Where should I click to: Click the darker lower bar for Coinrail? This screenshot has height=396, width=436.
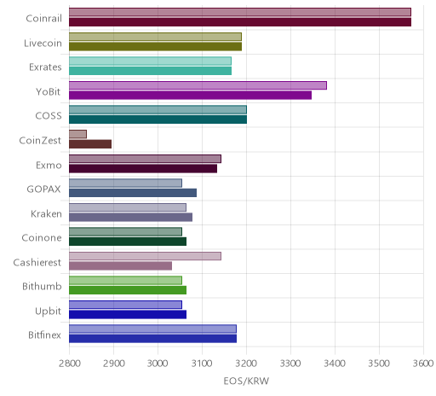(240, 22)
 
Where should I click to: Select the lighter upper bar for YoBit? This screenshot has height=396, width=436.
(198, 85)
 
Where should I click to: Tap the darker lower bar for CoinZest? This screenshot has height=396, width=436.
(90, 144)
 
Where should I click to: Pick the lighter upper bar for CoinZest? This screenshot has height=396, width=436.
(77, 134)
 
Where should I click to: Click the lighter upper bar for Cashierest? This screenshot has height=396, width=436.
(145, 256)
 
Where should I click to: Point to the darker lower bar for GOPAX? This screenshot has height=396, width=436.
(133, 193)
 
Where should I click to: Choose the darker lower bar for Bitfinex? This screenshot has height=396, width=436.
(152, 339)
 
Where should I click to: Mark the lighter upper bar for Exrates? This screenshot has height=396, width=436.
(150, 61)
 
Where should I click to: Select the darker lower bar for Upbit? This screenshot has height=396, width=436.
(128, 315)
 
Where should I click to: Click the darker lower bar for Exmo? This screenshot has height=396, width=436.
(143, 169)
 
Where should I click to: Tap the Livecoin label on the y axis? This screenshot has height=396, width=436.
(43, 44)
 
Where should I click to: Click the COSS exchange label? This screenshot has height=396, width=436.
(49, 116)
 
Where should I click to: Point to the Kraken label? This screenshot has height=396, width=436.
(46, 213)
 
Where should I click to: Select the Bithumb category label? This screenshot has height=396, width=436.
(42, 286)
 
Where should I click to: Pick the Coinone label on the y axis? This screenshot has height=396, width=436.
(42, 238)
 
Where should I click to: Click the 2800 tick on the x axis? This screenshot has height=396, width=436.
(69, 364)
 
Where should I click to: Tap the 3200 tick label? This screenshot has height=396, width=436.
(246, 364)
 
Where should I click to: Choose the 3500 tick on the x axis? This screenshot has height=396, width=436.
(379, 364)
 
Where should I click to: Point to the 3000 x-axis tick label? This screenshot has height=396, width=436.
(158, 364)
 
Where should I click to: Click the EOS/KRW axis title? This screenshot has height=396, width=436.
(246, 381)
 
